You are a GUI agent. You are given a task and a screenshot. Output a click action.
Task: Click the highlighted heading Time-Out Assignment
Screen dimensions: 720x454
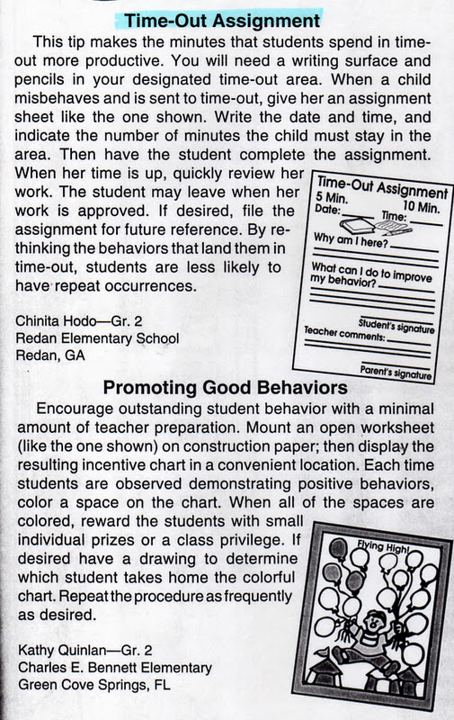pyautogui.click(x=222, y=19)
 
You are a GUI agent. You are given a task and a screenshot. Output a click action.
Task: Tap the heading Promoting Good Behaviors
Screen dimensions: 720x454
pyautogui.click(x=226, y=388)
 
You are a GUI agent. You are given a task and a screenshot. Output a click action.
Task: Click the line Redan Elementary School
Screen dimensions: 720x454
pyautogui.click(x=98, y=338)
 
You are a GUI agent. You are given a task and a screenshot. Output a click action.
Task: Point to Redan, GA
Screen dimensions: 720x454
pyautogui.click(x=49, y=355)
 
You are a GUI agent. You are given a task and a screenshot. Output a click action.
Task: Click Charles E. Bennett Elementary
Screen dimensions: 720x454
pyautogui.click(x=114, y=668)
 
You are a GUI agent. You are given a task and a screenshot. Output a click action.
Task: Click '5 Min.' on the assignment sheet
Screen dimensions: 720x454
pyautogui.click(x=330, y=196)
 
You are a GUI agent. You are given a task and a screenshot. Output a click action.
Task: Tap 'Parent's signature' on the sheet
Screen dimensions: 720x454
pyautogui.click(x=395, y=371)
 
